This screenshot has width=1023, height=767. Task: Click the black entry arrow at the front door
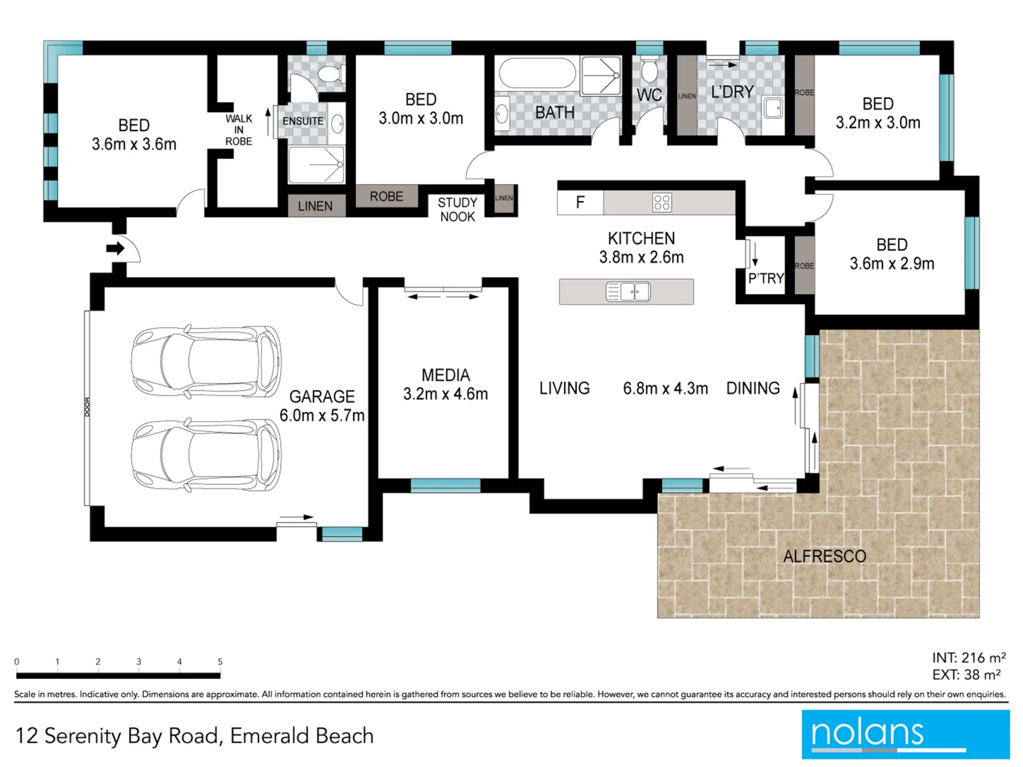pyautogui.click(x=115, y=249)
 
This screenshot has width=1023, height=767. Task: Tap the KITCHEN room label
pyautogui.click(x=641, y=239)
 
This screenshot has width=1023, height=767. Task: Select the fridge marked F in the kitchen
pyautogui.click(x=580, y=203)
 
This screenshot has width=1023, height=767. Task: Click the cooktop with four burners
pyautogui.click(x=661, y=203)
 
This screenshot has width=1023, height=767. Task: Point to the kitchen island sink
pyautogui.click(x=627, y=292)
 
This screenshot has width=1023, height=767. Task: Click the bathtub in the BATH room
pyautogui.click(x=537, y=73)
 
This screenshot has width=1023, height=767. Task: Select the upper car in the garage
pyautogui.click(x=206, y=361)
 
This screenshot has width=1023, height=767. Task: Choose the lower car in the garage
pyautogui.click(x=206, y=455)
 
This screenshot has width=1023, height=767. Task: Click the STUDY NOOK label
pyautogui.click(x=457, y=210)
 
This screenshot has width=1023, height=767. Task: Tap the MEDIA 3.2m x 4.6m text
pyautogui.click(x=445, y=385)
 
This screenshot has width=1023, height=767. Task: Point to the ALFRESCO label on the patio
pyautogui.click(x=824, y=557)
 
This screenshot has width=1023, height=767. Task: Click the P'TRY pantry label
pyautogui.click(x=766, y=278)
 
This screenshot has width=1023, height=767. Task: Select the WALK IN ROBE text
pyautogui.click(x=239, y=130)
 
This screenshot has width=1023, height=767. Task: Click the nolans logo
pyautogui.click(x=905, y=734)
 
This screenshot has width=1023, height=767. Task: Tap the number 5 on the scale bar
pyautogui.click(x=220, y=662)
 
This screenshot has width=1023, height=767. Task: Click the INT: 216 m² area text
pyautogui.click(x=968, y=658)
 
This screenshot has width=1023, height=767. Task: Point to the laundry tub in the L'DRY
pyautogui.click(x=773, y=108)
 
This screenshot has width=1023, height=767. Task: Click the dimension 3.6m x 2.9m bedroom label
pyautogui.click(x=892, y=264)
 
